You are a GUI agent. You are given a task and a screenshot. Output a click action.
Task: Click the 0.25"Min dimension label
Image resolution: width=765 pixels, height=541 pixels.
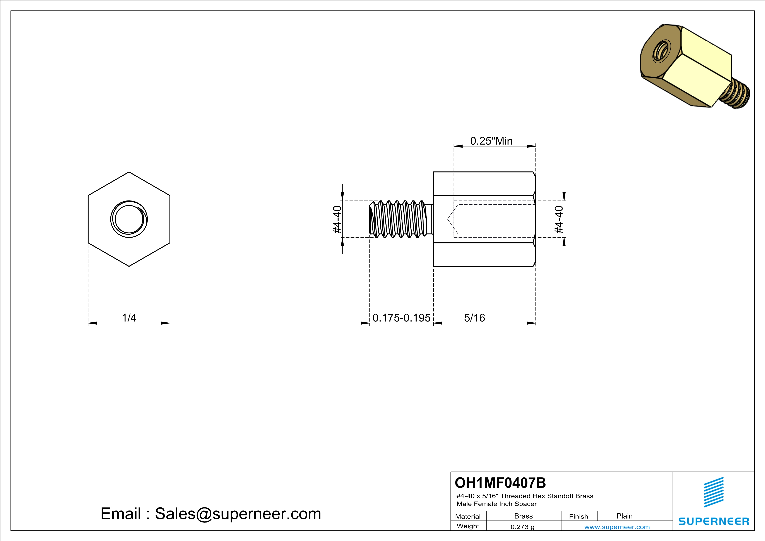point(491,141)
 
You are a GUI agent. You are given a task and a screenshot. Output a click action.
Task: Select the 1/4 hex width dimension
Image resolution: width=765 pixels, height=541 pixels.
point(129,318)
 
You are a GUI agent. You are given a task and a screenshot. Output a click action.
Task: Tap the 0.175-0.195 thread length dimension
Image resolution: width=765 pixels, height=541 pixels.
point(401,318)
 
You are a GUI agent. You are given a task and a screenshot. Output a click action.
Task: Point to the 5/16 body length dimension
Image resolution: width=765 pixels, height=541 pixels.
point(474,318)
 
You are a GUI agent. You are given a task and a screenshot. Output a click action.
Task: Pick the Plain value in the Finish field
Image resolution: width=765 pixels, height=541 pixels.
point(624,516)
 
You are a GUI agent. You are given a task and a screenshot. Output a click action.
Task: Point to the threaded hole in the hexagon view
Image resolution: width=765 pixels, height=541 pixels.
point(129,219)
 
